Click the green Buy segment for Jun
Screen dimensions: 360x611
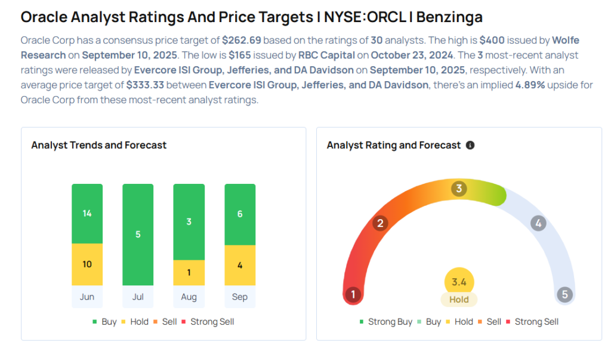click(87, 213)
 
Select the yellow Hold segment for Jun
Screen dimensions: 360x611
click(87, 264)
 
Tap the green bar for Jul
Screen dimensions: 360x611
click(138, 234)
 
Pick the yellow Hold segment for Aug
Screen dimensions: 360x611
click(189, 272)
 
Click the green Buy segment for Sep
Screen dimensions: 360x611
click(240, 214)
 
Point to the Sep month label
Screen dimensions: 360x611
click(240, 297)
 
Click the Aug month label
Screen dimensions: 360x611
click(189, 297)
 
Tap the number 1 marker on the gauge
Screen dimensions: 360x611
click(353, 294)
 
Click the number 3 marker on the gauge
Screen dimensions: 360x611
click(459, 189)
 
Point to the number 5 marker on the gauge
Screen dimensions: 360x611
click(564, 294)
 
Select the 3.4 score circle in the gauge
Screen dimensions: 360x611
click(459, 281)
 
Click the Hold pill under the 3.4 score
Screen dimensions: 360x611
click(459, 300)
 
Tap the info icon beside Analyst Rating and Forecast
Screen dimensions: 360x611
click(470, 145)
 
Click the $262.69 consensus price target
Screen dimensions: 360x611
click(242, 41)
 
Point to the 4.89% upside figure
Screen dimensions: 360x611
click(531, 85)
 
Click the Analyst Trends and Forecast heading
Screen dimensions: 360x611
click(99, 145)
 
